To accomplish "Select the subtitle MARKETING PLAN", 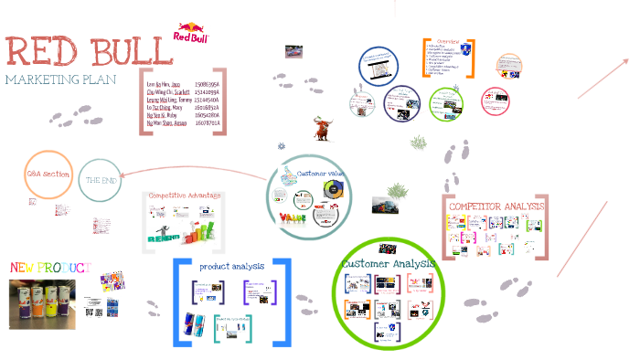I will pos(60,80).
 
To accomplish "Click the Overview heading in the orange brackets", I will pos(447,43).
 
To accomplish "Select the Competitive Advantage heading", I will pos(186,196).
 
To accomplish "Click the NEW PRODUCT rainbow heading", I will pos(50,267).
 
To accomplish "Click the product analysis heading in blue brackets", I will pos(232,266).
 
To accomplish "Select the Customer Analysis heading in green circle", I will pos(389,263).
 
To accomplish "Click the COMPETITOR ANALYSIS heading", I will pos(496,206).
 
